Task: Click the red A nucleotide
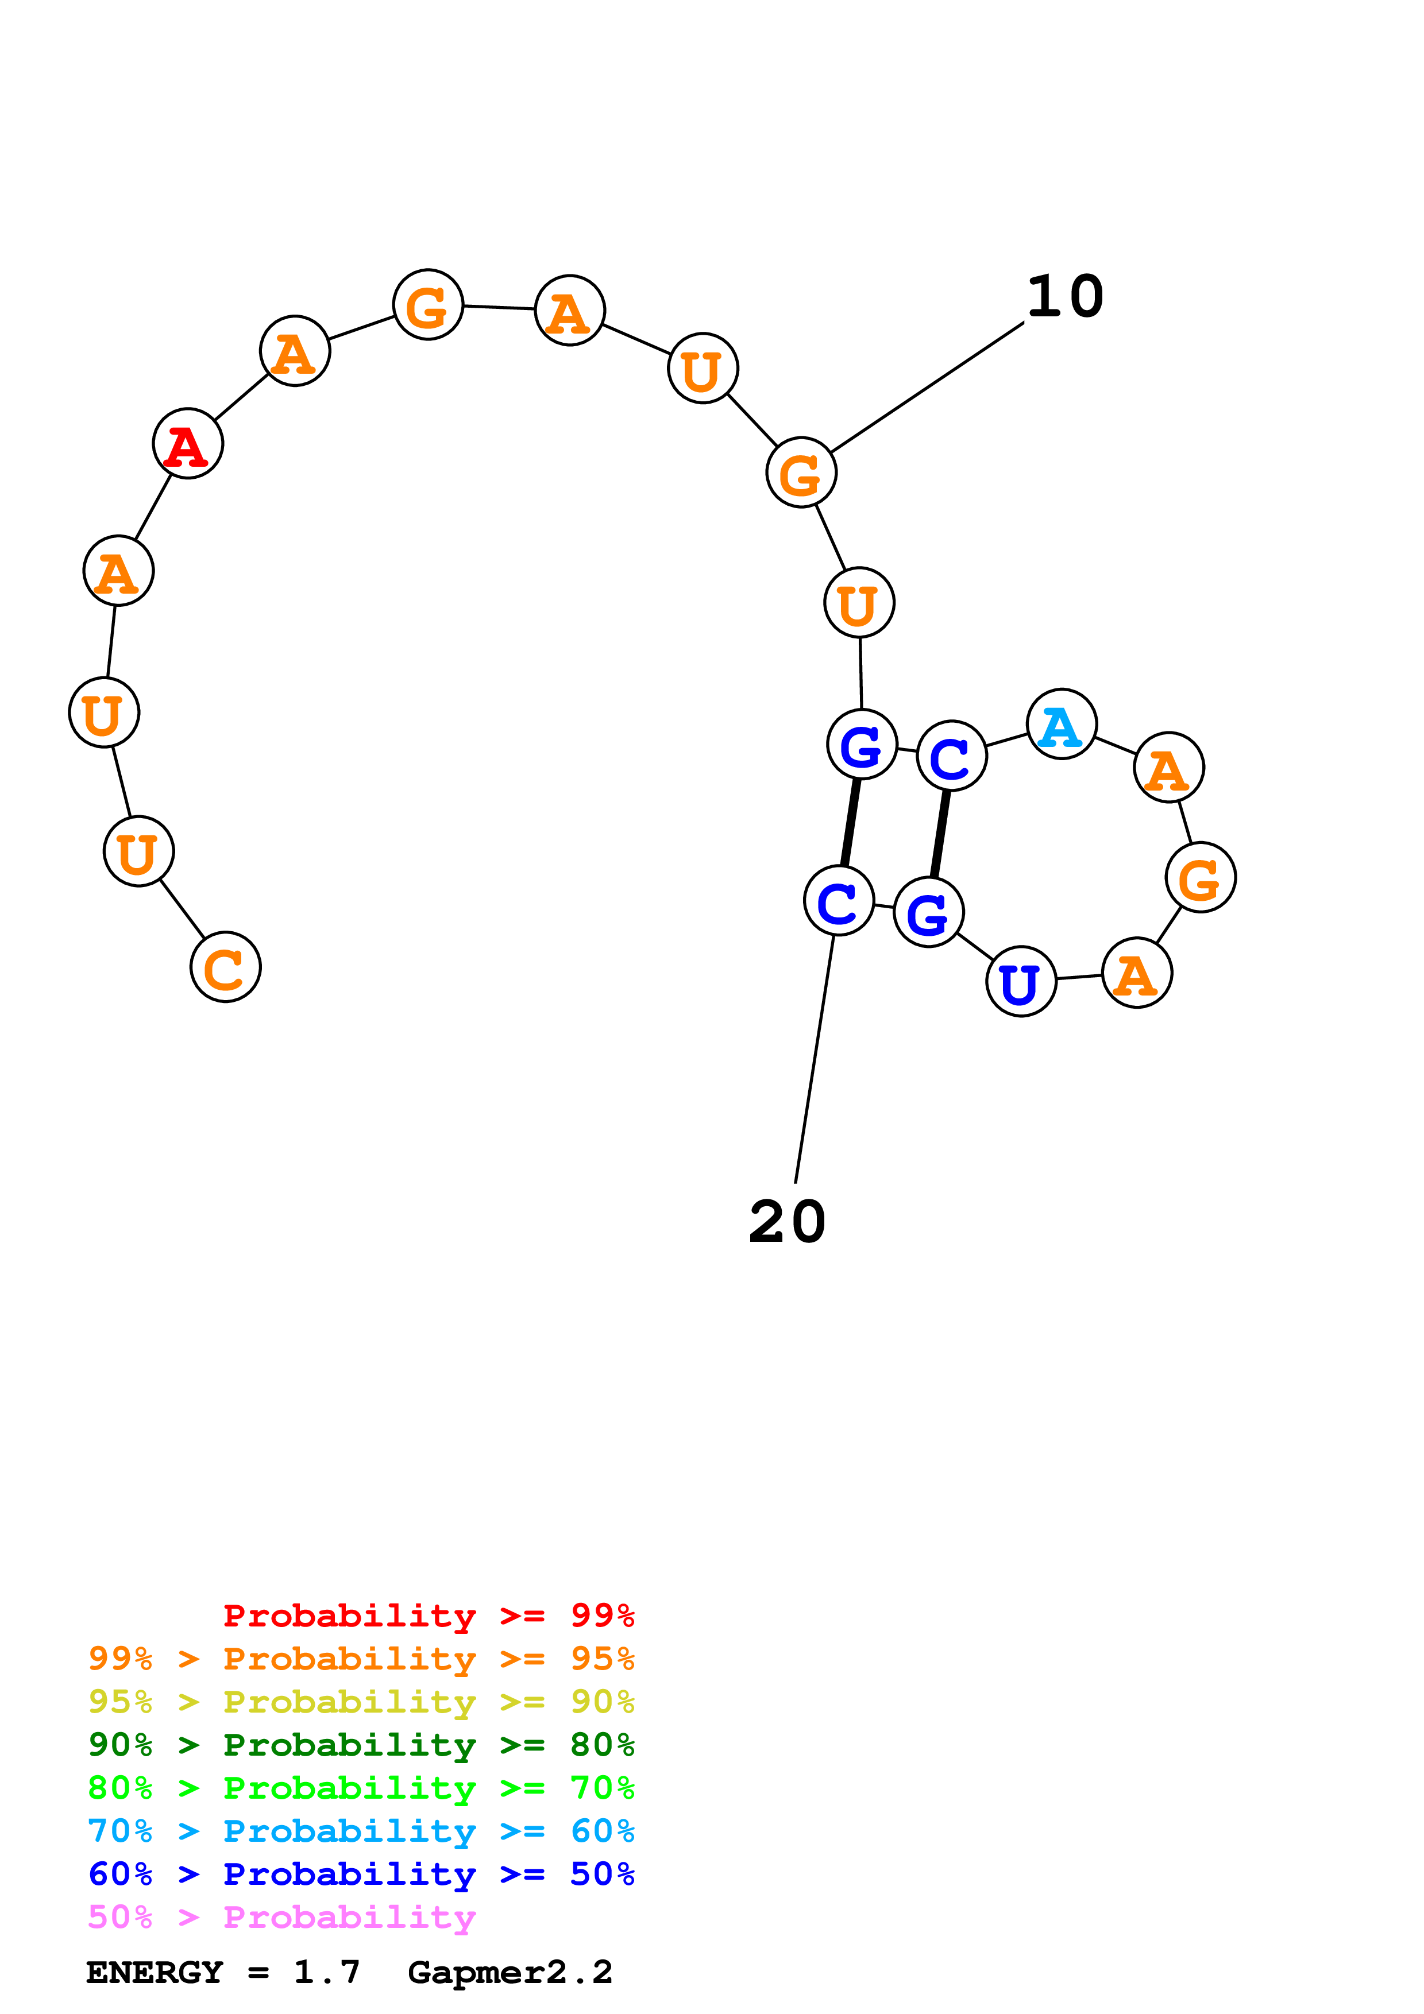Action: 188,444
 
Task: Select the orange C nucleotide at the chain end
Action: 226,967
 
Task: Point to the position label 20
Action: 787,1222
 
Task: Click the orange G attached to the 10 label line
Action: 801,473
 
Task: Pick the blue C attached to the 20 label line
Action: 839,901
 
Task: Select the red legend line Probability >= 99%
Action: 428,1615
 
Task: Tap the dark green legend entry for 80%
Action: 361,1745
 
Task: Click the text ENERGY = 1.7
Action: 223,1972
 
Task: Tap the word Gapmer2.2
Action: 510,1972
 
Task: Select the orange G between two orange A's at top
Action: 428,305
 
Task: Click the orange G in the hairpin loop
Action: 1201,877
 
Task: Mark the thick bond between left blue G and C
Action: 850,823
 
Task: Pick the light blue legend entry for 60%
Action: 361,1831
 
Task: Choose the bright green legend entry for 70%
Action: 361,1788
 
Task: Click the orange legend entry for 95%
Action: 361,1659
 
